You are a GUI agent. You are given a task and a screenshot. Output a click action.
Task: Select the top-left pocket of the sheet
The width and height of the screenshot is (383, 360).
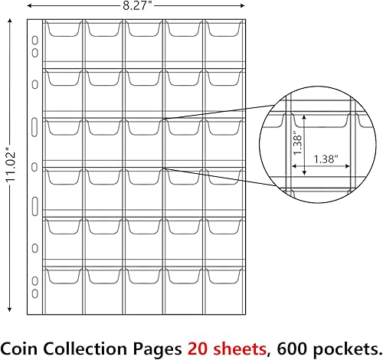point(64,42)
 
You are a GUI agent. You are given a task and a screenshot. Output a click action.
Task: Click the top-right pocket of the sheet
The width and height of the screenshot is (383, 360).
point(223,42)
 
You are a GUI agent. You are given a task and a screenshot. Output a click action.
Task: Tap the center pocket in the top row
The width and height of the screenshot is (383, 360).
point(143,42)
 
